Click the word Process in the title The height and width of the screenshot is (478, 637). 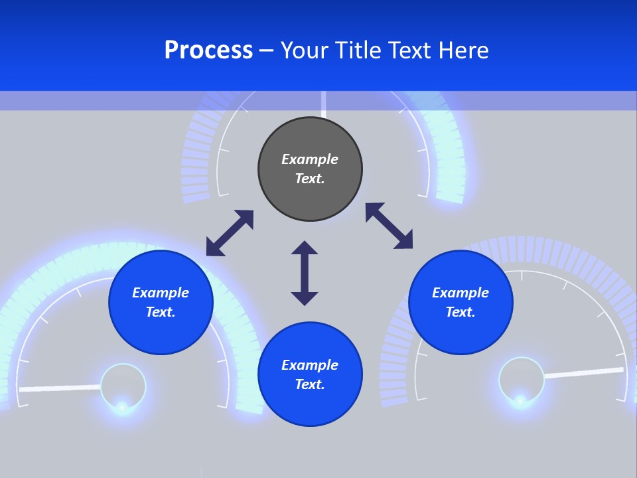[x=208, y=50]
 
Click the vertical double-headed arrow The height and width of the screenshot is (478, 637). [x=305, y=273]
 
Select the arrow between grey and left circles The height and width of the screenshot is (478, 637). [x=230, y=233]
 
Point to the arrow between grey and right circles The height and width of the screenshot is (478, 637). [x=389, y=226]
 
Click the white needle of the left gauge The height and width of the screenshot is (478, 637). [x=60, y=388]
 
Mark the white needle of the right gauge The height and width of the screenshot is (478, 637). [x=584, y=373]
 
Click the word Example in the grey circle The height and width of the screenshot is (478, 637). [x=310, y=159]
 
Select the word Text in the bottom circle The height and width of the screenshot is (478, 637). [x=310, y=384]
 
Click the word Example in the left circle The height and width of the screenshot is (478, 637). [x=161, y=293]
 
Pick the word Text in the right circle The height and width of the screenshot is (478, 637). [x=460, y=312]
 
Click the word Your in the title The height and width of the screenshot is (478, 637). [x=305, y=50]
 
